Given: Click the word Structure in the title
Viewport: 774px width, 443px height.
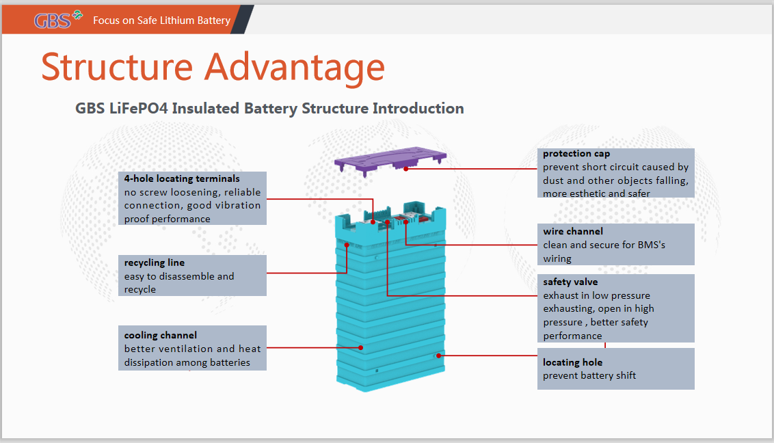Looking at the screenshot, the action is point(117,67).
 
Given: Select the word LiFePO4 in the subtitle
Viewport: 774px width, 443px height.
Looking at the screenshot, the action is point(139,108).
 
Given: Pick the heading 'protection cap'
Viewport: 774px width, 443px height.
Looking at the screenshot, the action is point(576,154).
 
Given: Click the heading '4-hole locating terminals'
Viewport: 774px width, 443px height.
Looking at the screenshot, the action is point(182,178).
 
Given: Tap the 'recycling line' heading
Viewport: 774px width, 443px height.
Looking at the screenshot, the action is point(155,263).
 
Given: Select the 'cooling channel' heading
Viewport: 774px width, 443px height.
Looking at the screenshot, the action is point(161,336).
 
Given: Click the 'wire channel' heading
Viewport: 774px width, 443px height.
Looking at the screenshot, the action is point(573,231).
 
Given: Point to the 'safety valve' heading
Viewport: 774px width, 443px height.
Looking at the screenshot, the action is point(570,282).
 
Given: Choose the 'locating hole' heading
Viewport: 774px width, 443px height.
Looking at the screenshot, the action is point(572,362).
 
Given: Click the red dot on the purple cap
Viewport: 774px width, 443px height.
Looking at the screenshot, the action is point(405,169).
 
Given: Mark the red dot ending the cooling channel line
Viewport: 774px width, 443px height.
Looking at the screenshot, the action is point(361,348).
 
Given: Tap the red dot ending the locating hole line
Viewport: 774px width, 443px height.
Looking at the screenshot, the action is point(439,355).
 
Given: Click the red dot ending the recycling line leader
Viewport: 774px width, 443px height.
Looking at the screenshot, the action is point(347,245).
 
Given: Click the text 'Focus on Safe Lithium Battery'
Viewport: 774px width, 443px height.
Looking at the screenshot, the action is point(162,21).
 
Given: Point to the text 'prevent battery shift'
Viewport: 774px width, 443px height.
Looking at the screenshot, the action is point(589,376).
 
